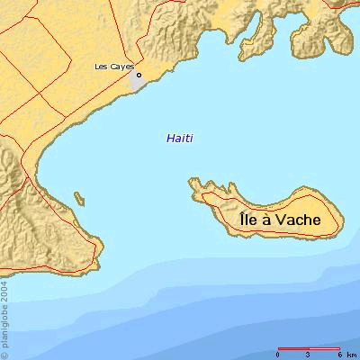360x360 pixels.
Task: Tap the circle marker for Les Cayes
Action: click(x=139, y=75)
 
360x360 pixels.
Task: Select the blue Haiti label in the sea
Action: click(x=180, y=138)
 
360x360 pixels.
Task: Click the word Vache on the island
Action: click(x=298, y=219)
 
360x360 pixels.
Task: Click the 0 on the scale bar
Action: click(x=278, y=354)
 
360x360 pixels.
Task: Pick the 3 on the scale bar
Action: click(x=309, y=354)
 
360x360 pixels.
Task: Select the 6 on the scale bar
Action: click(x=338, y=354)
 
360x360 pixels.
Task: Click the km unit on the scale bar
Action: click(x=351, y=354)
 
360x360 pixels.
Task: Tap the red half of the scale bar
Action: click(x=293, y=347)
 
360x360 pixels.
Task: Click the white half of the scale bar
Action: click(x=324, y=347)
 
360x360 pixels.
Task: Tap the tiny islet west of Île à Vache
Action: click(x=79, y=197)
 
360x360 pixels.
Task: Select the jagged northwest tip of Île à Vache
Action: click(x=193, y=184)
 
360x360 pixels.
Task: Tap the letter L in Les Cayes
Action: click(x=97, y=67)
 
